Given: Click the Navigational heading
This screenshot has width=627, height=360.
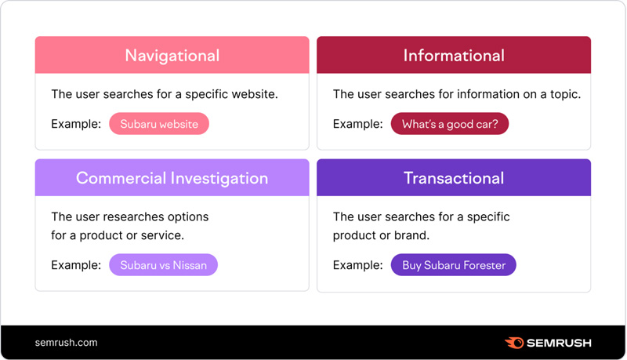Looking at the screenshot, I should [172, 56].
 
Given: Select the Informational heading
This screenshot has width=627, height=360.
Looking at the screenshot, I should [454, 56].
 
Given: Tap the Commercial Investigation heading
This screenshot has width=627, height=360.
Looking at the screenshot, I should [172, 178].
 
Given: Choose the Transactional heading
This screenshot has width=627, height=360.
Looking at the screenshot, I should [454, 178].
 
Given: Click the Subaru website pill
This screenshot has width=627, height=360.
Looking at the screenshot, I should [159, 124].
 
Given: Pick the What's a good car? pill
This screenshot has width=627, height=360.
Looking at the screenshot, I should [450, 124].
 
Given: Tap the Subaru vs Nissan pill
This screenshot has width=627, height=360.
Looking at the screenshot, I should [163, 265].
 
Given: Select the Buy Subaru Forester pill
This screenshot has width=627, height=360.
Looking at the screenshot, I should [454, 265].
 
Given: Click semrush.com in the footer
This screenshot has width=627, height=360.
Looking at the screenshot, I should [67, 343].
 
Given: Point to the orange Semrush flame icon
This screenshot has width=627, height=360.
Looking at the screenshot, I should [514, 343].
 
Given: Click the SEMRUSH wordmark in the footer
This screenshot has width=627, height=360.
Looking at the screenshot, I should [560, 343].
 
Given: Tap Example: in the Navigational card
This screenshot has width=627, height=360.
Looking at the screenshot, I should [76, 124].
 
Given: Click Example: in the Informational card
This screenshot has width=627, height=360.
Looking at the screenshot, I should [358, 124].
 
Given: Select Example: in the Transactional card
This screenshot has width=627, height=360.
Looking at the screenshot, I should [358, 265].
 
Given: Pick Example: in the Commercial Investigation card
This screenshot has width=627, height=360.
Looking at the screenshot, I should [76, 265].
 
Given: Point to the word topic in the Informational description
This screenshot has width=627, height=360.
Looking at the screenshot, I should [562, 94].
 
